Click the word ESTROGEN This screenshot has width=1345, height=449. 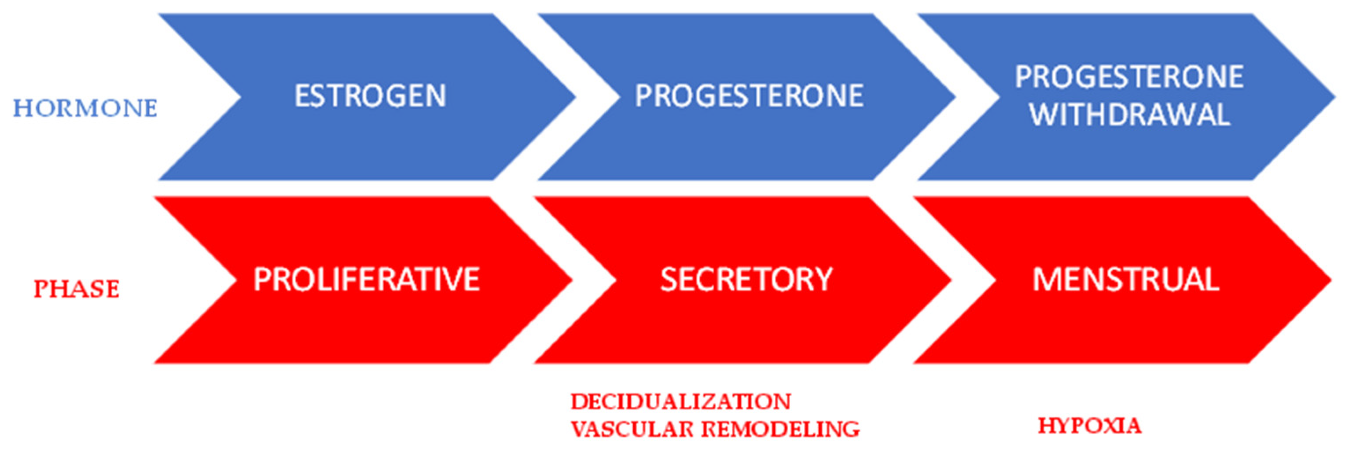pos(370,96)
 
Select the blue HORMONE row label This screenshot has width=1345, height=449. pos(85,109)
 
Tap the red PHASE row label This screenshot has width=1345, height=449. pos(77,289)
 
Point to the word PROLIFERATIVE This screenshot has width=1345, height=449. pos(367,280)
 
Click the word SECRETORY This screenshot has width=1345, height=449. pos(746,280)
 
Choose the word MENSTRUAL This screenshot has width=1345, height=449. pos(1126,280)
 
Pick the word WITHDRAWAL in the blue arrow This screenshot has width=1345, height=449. pos(1130,115)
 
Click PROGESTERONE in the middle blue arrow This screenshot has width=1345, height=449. pos(749,96)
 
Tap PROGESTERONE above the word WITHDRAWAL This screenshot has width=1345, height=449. pos(1129,77)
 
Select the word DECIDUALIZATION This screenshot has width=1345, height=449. pos(681,402)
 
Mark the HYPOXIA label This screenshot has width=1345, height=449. pos(1089,426)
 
